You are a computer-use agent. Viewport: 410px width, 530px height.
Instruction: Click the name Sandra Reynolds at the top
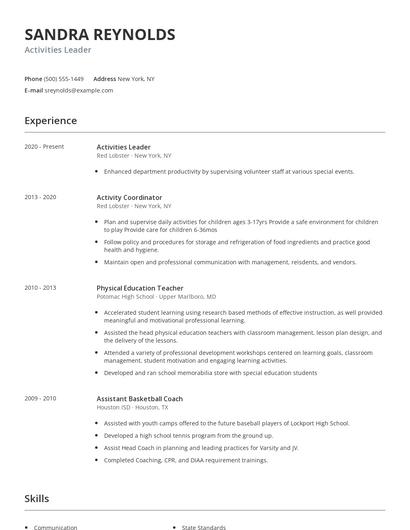coord(100,34)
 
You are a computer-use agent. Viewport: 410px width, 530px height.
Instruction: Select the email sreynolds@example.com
coord(79,90)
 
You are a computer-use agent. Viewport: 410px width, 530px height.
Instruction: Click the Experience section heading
coord(50,121)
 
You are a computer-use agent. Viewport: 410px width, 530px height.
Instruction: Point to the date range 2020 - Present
coord(44,147)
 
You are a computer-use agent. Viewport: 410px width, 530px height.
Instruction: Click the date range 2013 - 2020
coord(42,198)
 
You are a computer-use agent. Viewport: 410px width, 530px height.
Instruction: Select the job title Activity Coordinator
coord(129,198)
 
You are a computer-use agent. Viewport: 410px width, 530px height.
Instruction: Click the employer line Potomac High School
coord(150,297)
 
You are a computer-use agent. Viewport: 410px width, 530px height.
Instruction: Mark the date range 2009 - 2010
coord(42,398)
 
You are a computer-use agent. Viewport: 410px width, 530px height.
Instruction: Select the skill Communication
coord(56,526)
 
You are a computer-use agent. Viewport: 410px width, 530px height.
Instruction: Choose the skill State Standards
coord(205,526)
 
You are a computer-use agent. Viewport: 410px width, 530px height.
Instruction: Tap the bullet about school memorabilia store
coord(210,372)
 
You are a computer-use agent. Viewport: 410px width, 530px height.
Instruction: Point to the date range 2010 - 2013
coord(42,288)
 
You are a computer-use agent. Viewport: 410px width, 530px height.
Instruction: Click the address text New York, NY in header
coord(136,78)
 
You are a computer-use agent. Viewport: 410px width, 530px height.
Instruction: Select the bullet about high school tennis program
coord(189,436)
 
